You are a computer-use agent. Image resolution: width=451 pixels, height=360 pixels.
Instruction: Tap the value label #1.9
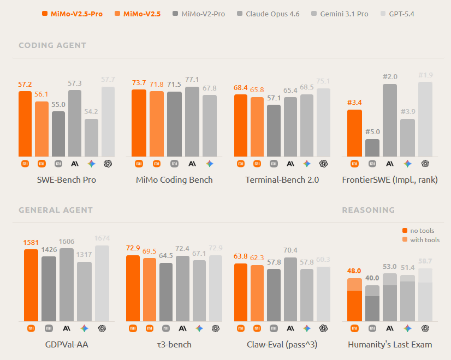[x=425, y=75]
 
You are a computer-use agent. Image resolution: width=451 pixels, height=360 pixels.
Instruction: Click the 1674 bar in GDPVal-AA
[x=102, y=283]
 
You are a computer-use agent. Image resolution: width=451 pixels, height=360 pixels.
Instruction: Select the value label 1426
[x=49, y=250]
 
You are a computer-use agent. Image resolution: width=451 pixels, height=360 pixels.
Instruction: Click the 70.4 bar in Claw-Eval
[x=291, y=289]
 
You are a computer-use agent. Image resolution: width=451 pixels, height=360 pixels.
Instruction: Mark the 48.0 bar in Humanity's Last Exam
[x=355, y=299]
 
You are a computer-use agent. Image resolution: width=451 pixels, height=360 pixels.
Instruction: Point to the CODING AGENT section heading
[x=52, y=45]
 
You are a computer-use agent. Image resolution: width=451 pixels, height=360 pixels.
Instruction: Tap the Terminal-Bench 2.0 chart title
[x=282, y=179]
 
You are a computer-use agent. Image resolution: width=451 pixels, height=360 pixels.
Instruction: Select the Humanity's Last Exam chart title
[x=390, y=344]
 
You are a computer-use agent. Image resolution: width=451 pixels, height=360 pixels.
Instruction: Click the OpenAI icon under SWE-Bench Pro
[x=108, y=163]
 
